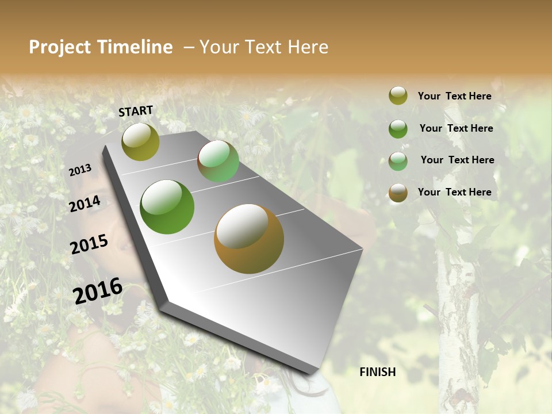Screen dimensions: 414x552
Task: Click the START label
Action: coord(136,110)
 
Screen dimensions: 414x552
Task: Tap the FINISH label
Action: coord(378,372)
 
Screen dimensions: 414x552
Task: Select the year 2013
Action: coord(80,170)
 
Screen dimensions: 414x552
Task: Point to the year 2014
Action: coord(85,204)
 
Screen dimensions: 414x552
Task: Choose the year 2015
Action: coord(89,244)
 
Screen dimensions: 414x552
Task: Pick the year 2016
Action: coord(98,291)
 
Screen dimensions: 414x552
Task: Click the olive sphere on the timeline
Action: coord(140,141)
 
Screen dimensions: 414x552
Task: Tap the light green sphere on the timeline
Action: coord(218,161)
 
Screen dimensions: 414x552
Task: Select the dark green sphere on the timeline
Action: coord(167,207)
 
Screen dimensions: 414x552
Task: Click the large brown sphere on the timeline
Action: coord(249,238)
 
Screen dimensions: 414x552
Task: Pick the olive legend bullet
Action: coord(398,96)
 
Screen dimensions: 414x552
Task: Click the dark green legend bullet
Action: coord(398,129)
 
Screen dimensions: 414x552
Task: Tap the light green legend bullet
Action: coord(398,161)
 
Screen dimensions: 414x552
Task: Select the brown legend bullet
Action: coord(398,193)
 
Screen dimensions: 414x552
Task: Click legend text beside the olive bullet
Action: coord(455,97)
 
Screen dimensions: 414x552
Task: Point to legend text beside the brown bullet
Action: coord(455,192)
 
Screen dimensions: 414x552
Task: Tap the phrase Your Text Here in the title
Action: coord(264,47)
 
